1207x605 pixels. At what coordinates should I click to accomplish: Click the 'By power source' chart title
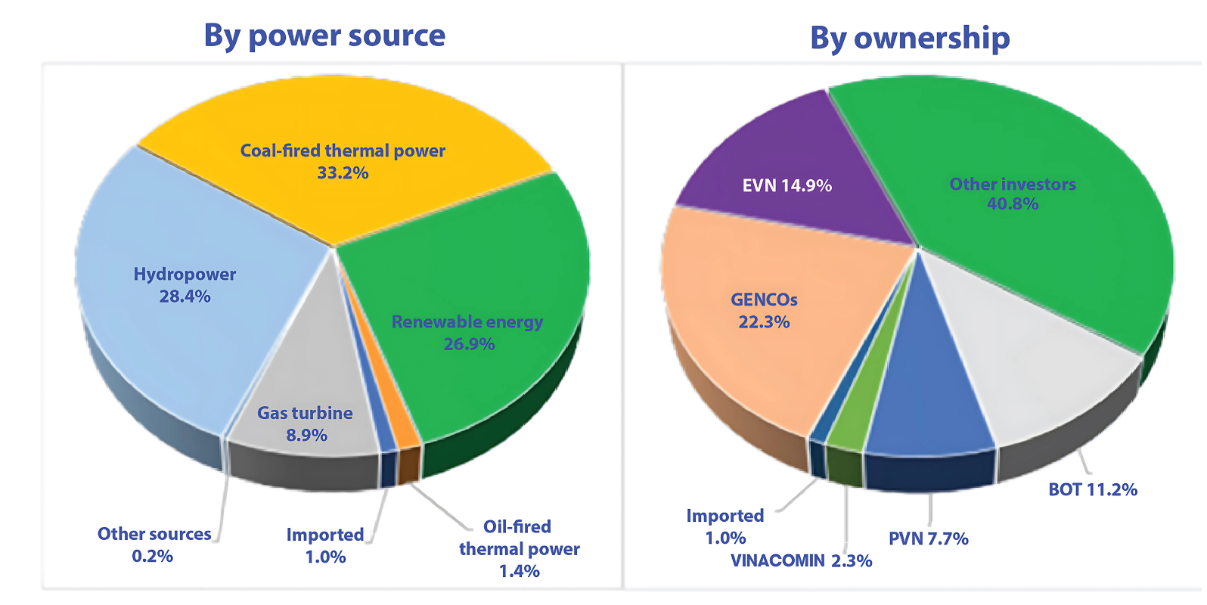(x=324, y=36)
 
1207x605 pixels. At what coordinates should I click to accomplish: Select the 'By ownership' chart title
(x=910, y=38)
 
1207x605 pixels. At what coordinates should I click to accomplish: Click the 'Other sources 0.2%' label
(x=154, y=544)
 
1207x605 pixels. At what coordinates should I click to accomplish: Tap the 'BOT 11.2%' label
(x=1093, y=489)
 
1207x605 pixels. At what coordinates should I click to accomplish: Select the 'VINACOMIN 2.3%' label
(x=801, y=560)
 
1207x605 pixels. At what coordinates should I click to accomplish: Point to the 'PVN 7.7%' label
(x=929, y=538)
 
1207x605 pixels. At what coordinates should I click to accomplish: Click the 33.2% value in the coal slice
(x=343, y=172)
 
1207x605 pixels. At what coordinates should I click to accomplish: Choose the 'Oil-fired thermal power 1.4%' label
(x=520, y=548)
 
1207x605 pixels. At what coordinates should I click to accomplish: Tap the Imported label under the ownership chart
(x=725, y=526)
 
